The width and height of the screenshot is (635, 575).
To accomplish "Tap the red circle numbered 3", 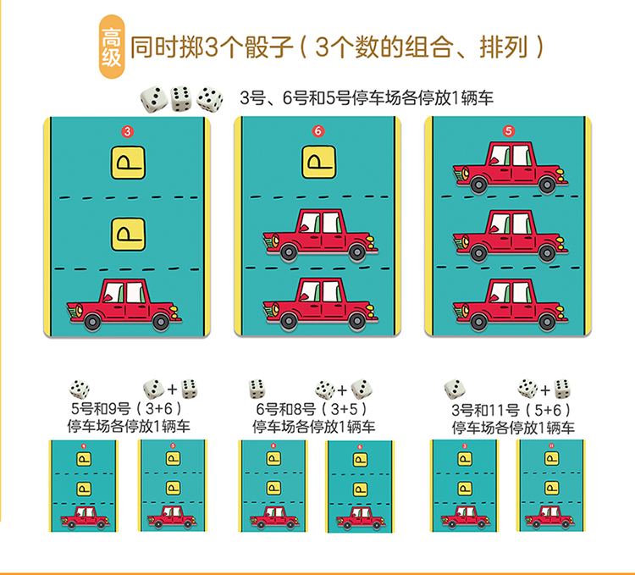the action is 127,131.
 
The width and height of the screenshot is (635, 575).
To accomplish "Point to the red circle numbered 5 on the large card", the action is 508,131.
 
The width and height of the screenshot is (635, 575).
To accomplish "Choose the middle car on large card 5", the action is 507,235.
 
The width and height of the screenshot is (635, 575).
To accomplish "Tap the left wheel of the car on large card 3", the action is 93,321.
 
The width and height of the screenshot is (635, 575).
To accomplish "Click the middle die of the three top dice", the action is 180,98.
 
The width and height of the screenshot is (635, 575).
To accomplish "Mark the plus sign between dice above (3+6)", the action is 172,390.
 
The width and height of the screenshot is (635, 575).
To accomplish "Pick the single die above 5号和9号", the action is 80,389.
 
